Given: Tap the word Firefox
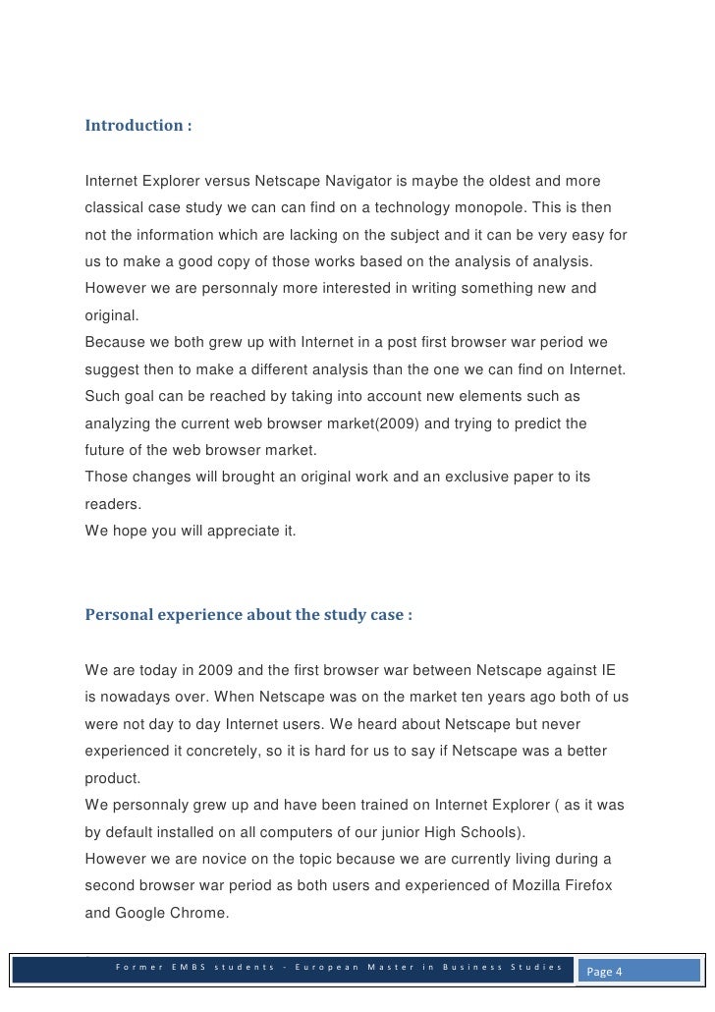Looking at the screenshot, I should tap(586, 885).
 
